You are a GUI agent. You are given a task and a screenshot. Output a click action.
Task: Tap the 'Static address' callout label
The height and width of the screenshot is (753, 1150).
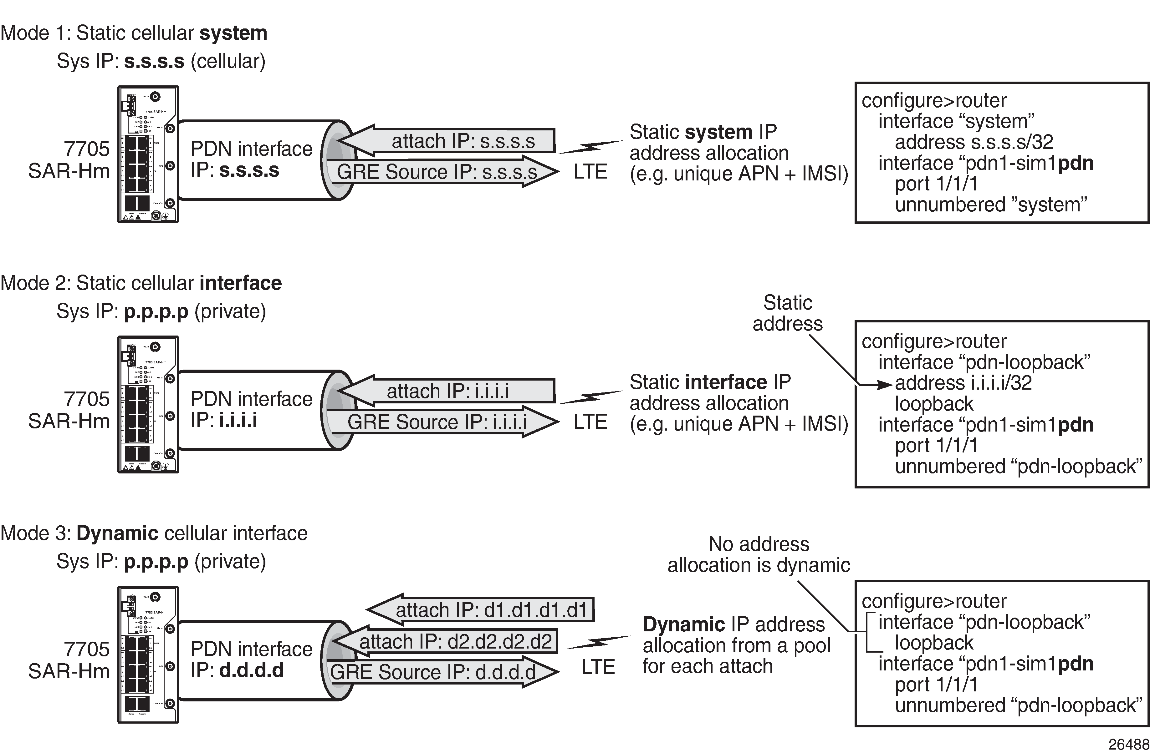(x=788, y=313)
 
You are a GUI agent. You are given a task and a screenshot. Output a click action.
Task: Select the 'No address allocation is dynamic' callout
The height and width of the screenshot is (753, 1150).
(x=759, y=554)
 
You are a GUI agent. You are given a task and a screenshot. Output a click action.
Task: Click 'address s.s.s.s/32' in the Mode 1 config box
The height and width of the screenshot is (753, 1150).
(x=974, y=142)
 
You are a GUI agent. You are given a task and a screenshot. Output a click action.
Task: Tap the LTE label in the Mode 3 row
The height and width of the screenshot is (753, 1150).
(x=598, y=667)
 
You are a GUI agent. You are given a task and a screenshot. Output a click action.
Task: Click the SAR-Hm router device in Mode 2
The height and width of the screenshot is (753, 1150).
(x=148, y=404)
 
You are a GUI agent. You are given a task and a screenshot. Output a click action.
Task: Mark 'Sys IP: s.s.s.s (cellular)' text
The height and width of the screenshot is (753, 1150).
(x=161, y=61)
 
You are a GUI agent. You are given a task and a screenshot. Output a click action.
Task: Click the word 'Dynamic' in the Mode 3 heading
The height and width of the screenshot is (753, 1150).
(x=117, y=533)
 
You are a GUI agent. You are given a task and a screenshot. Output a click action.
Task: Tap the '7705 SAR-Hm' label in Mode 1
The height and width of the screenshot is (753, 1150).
(x=69, y=160)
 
